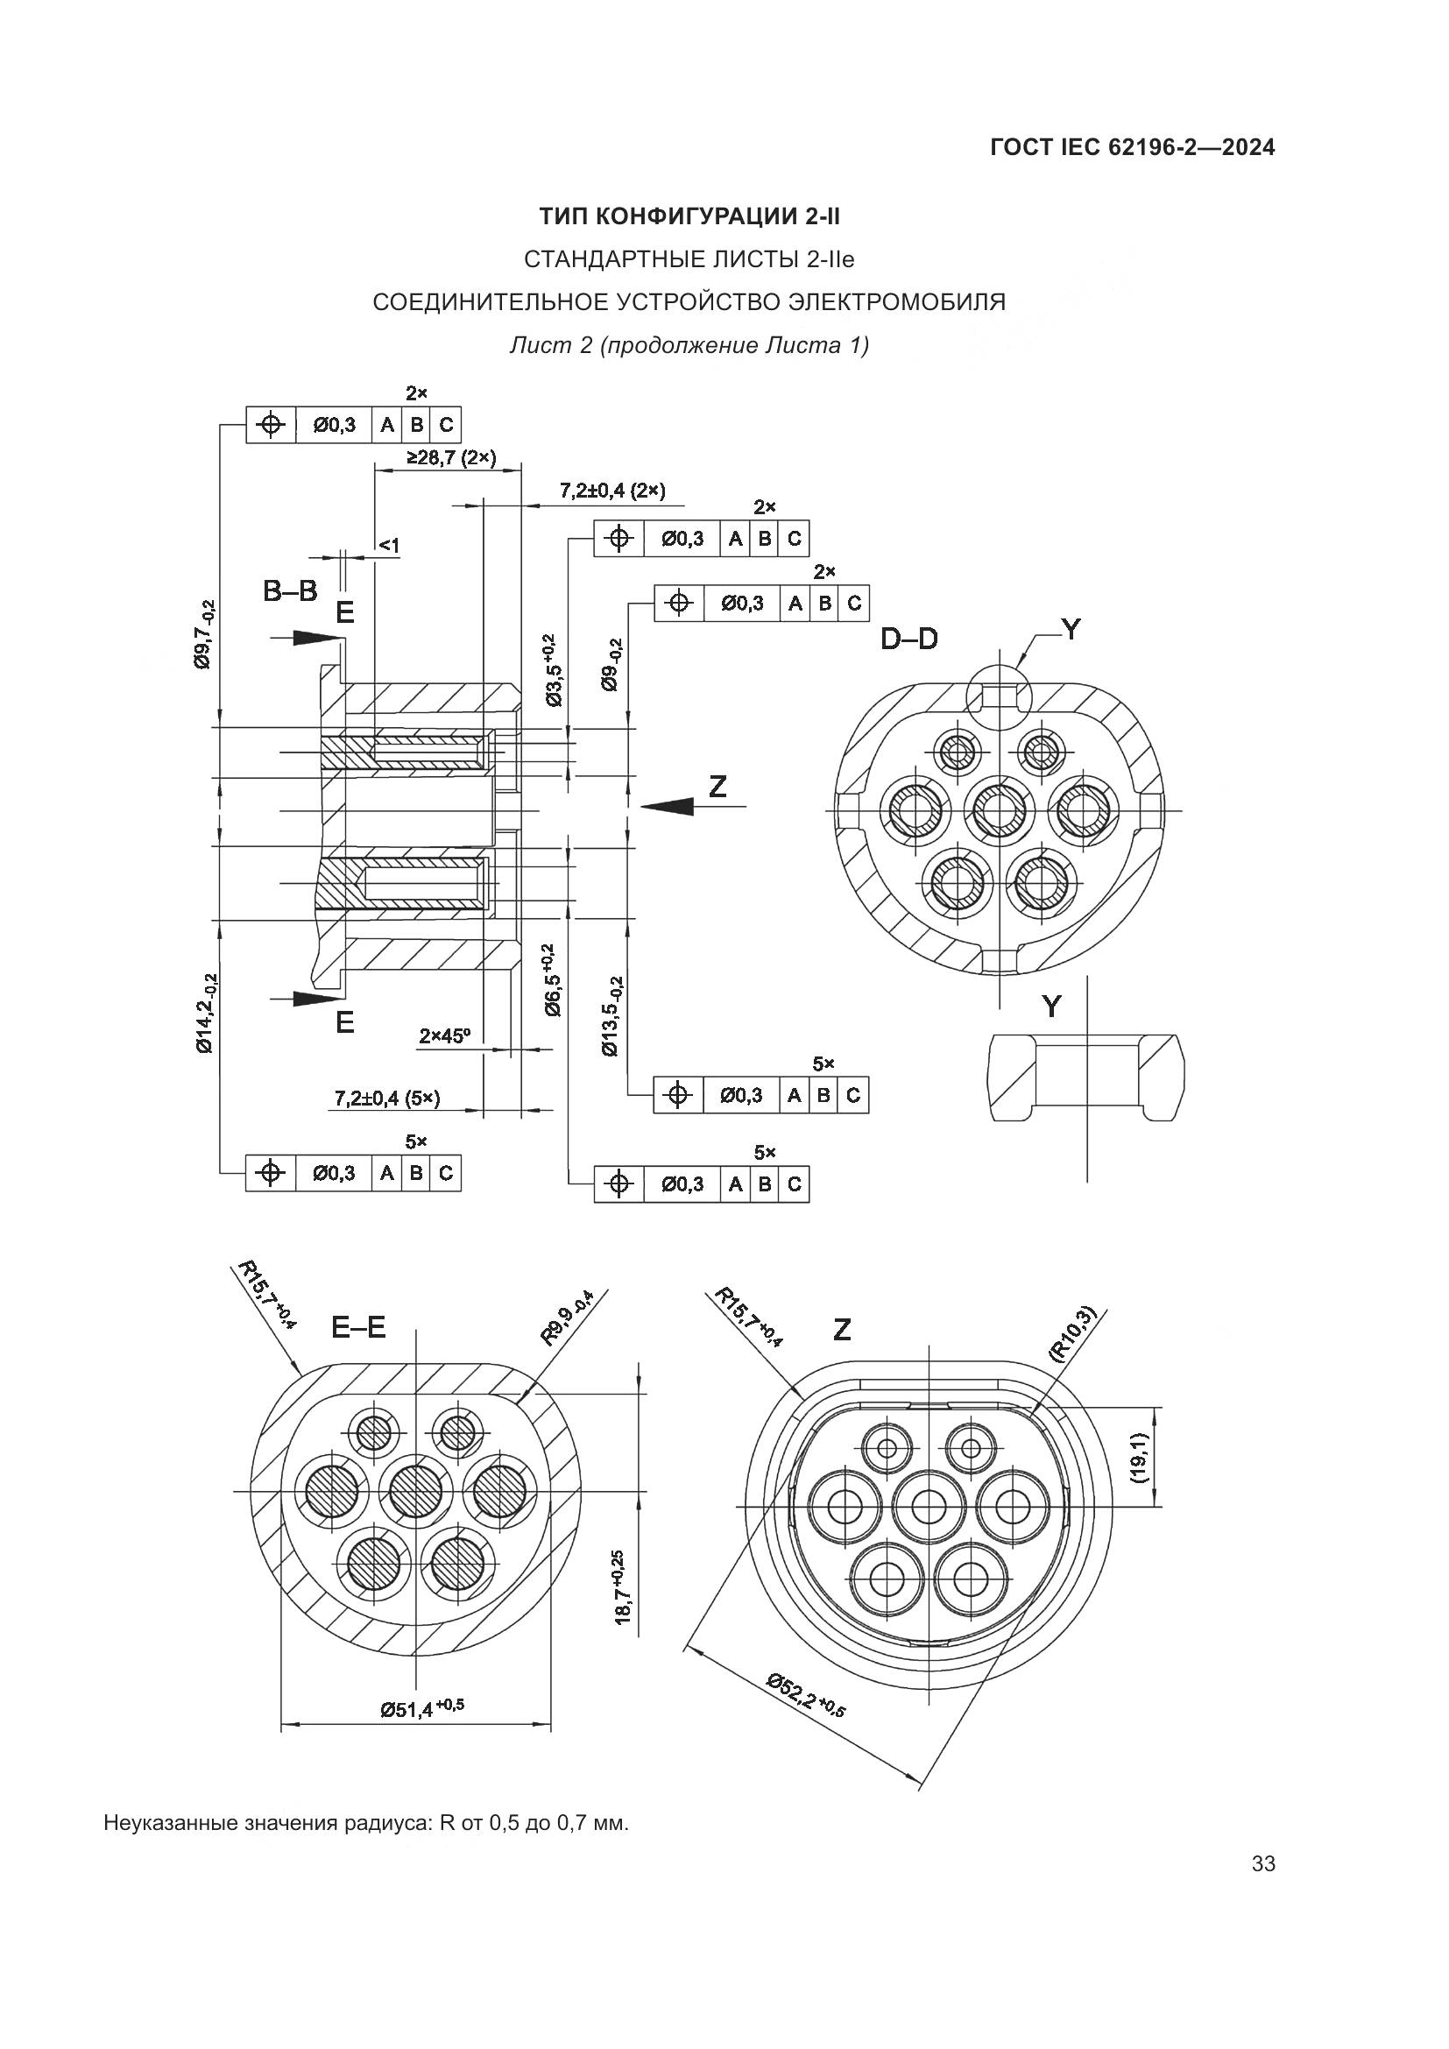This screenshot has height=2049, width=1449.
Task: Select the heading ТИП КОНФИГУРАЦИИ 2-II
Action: click(x=689, y=217)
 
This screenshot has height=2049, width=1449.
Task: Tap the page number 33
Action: click(x=1263, y=1863)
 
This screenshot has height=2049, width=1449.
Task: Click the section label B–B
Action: click(x=290, y=590)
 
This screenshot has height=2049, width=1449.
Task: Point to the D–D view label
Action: click(x=909, y=639)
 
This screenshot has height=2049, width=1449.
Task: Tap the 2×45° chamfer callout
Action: click(x=444, y=1036)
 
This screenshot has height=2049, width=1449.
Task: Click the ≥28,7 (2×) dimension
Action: click(x=451, y=458)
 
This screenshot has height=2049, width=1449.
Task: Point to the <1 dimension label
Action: click(x=389, y=544)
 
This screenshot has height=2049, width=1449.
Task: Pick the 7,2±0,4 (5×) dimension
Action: click(x=387, y=1098)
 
